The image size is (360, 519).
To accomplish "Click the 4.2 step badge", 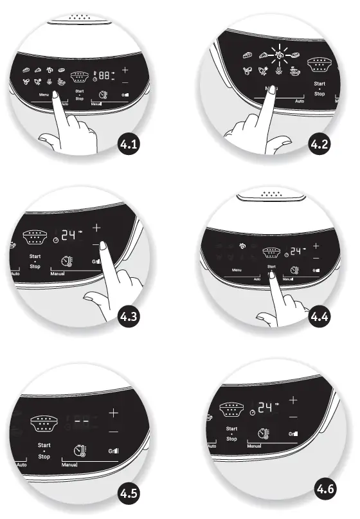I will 319,145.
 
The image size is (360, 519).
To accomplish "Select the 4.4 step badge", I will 319,316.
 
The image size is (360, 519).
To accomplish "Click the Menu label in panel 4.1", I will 44,95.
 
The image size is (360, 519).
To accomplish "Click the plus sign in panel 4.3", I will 97,228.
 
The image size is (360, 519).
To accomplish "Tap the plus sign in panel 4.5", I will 113,412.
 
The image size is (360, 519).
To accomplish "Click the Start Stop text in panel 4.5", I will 44,450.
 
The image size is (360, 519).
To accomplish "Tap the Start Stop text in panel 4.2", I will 319,89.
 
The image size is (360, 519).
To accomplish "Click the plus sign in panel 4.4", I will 316,246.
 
